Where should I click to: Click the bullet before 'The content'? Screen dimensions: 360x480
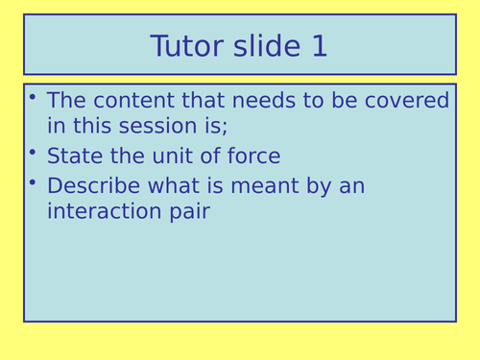click(x=33, y=96)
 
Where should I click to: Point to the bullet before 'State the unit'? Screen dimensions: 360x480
click(x=33, y=152)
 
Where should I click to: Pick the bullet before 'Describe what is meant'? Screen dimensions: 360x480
click(x=33, y=180)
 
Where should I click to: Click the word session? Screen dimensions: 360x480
click(x=165, y=127)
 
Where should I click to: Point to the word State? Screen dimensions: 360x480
click(x=73, y=156)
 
